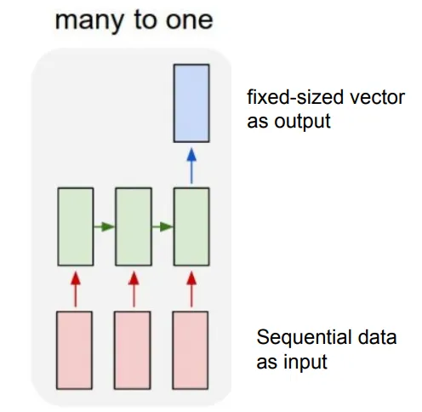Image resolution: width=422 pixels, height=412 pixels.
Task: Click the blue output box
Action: click(191, 103)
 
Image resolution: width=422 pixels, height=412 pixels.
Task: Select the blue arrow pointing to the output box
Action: click(191, 166)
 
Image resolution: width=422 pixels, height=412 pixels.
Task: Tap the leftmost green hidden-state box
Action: click(76, 226)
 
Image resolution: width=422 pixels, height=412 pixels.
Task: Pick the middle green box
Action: click(134, 226)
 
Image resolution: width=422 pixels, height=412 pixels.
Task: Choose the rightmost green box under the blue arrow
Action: click(191, 226)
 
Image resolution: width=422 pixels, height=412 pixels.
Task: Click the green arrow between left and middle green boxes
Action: click(105, 226)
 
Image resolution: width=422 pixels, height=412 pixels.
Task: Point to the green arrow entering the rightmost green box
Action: click(163, 226)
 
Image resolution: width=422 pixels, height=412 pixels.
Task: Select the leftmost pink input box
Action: click(74, 350)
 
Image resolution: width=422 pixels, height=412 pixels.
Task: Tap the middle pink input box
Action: click(133, 350)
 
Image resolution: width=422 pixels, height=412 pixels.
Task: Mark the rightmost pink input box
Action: click(191, 350)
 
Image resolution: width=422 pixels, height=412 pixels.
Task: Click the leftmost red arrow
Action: click(76, 289)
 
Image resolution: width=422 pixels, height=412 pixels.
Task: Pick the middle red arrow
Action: click(134, 289)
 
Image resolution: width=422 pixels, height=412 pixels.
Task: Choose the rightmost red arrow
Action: click(191, 289)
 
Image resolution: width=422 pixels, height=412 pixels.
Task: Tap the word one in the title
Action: click(189, 21)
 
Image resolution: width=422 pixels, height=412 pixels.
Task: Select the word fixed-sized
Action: click(295, 97)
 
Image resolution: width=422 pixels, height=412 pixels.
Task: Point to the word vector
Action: click(377, 98)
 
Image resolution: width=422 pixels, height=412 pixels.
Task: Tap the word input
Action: click(305, 363)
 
